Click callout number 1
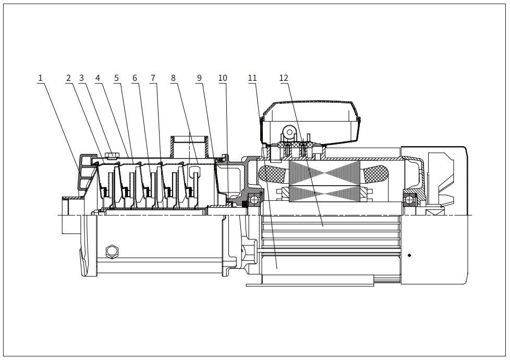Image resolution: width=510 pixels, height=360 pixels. pyautogui.click(x=40, y=78)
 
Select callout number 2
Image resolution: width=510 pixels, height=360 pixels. pyautogui.click(x=68, y=78)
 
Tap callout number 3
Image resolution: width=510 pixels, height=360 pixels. pyautogui.click(x=81, y=78)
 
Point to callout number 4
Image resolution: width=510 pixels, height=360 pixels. pyautogui.click(x=98, y=78)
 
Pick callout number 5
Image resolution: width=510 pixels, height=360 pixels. pyautogui.click(x=116, y=78)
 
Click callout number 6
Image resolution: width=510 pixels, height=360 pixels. pyautogui.click(x=135, y=78)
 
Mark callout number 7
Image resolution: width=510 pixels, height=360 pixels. pyautogui.click(x=153, y=78)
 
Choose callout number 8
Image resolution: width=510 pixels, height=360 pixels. pyautogui.click(x=173, y=78)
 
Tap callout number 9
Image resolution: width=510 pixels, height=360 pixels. pyautogui.click(x=199, y=78)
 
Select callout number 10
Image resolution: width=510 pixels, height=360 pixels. pyautogui.click(x=223, y=78)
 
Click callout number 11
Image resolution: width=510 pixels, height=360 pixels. pyautogui.click(x=252, y=78)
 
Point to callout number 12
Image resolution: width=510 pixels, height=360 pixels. pyautogui.click(x=284, y=78)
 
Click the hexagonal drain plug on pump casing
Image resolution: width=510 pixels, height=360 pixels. pyautogui.click(x=112, y=251)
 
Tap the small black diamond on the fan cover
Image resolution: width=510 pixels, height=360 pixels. pyautogui.click(x=409, y=255)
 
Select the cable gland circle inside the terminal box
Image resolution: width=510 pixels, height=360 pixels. pyautogui.click(x=289, y=132)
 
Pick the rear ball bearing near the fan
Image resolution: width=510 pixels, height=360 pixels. pyautogui.click(x=410, y=200)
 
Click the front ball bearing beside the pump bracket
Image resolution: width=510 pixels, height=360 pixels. pyautogui.click(x=255, y=200)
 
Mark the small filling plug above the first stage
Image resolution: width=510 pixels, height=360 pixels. pyautogui.click(x=112, y=156)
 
